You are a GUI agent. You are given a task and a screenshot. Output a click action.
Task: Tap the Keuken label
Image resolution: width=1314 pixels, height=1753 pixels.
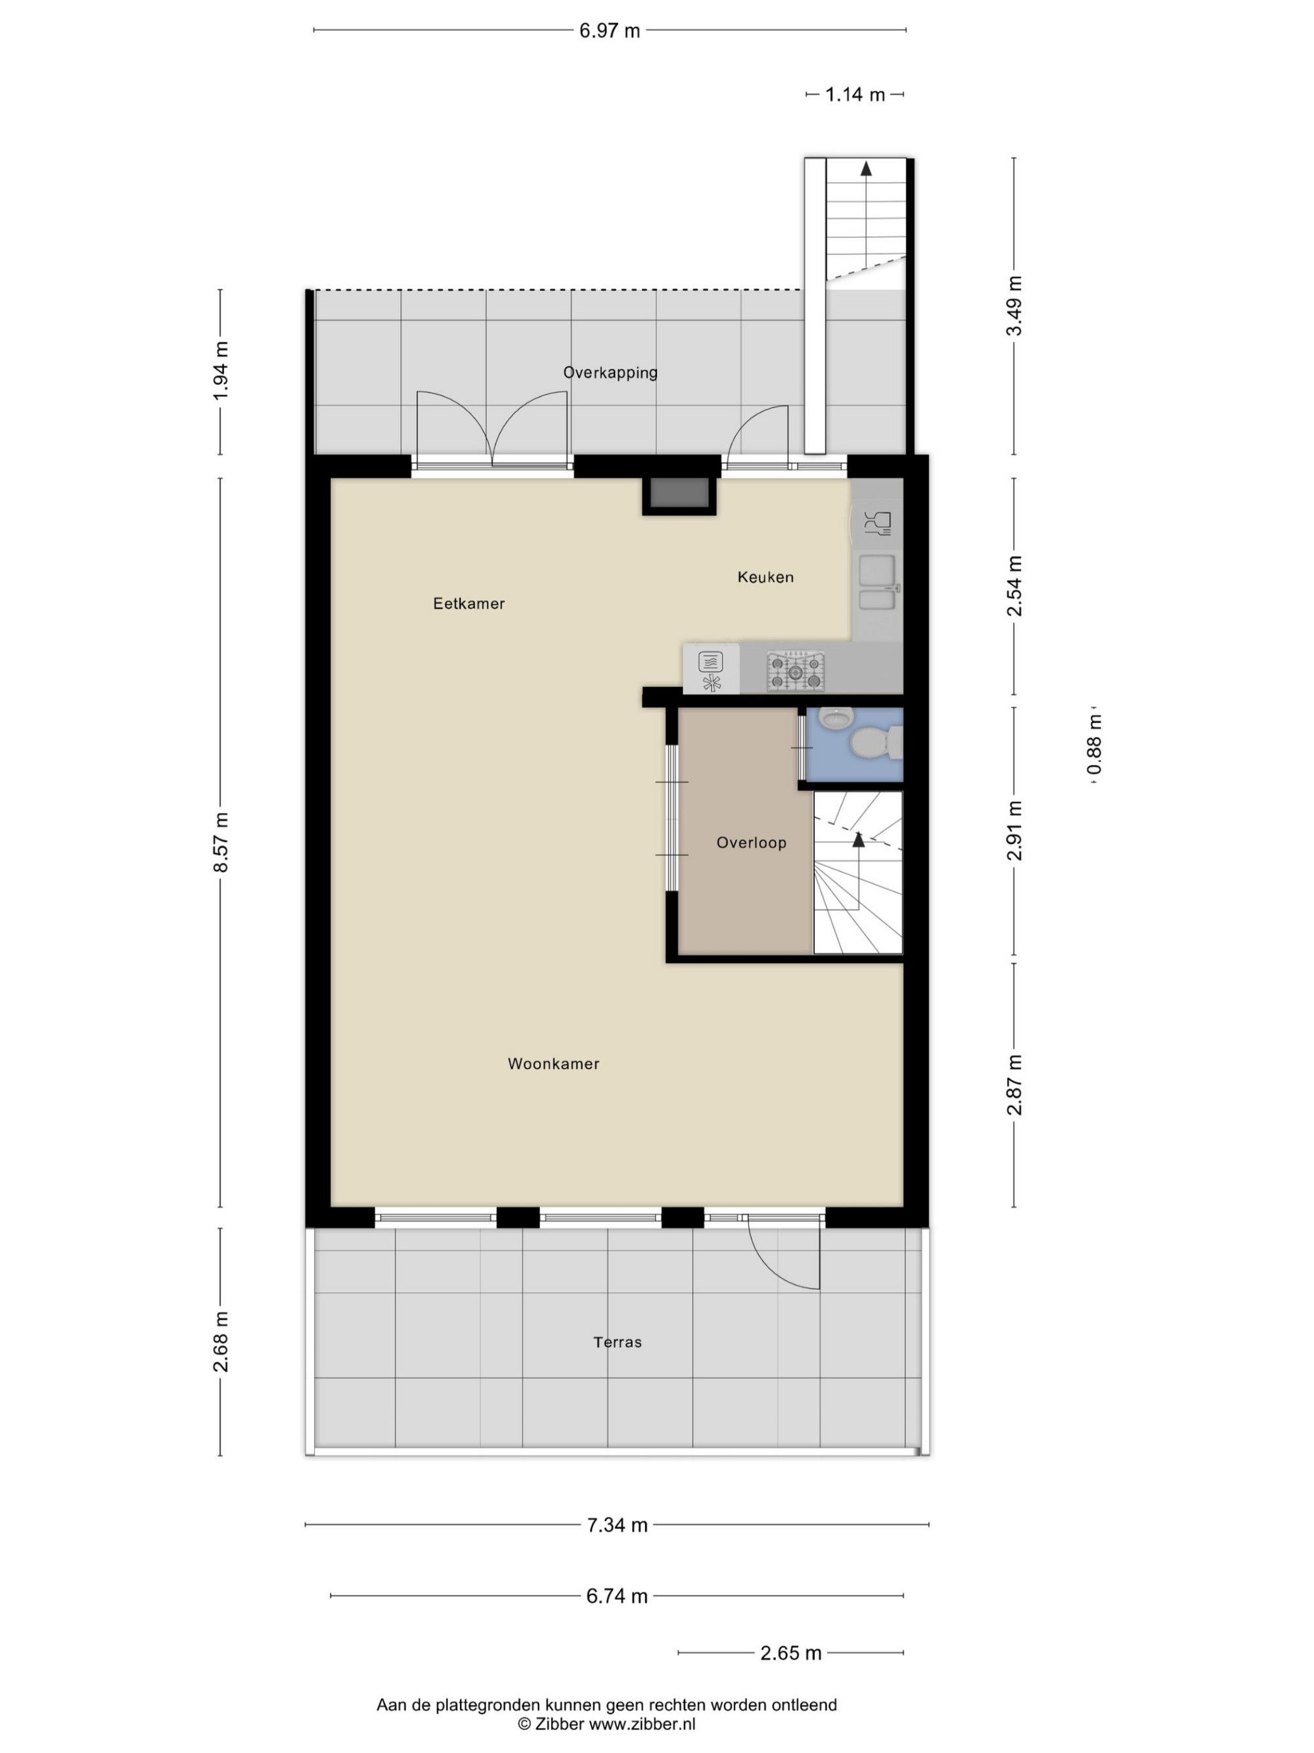coord(765,577)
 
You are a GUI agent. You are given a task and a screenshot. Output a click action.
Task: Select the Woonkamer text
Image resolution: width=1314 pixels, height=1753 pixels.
coord(554,1063)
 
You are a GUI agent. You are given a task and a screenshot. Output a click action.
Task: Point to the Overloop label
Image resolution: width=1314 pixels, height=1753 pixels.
coord(751,843)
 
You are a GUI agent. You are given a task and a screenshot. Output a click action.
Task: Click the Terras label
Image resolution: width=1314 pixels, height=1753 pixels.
coord(617,1342)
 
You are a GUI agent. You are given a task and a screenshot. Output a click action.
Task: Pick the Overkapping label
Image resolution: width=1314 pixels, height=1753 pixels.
coord(610,373)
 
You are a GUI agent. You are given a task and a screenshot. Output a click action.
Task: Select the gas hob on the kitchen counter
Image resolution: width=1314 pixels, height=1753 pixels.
coord(795,670)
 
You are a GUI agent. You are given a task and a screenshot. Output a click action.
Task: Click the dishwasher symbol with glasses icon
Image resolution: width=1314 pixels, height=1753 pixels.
coord(877,523)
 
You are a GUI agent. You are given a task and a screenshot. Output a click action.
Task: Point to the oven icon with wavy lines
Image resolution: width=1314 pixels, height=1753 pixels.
coord(710,660)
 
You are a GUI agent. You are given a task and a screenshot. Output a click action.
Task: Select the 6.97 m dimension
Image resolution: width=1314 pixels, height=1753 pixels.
coord(609,31)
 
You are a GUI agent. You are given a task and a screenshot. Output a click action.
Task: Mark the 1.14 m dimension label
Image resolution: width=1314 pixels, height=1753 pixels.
coord(855,94)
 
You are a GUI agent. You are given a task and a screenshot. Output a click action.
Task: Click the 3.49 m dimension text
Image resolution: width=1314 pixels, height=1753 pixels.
coord(1014,306)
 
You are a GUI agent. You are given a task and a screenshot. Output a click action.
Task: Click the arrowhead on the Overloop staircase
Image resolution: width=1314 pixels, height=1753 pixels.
coord(858,839)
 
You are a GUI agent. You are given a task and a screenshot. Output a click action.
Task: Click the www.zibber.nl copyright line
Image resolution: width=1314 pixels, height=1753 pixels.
coord(606,1723)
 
